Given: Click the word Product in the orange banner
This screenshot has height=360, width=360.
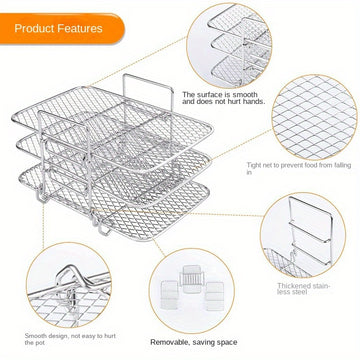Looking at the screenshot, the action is pyautogui.click(x=33, y=28).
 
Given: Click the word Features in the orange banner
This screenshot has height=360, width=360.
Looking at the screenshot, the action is pyautogui.click(x=79, y=28).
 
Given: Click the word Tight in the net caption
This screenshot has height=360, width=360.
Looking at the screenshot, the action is pyautogui.click(x=254, y=165).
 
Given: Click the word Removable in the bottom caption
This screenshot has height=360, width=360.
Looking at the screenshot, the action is pyautogui.click(x=168, y=342).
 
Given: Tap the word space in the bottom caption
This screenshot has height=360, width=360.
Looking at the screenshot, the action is pyautogui.click(x=227, y=343).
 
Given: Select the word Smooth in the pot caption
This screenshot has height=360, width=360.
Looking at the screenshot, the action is pyautogui.click(x=36, y=336).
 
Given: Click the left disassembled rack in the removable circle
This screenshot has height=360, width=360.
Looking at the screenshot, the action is pyautogui.click(x=169, y=295).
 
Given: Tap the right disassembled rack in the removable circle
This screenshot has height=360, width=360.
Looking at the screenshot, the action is pyautogui.click(x=214, y=296).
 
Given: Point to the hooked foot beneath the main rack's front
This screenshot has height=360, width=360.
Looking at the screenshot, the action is pyautogui.click(x=104, y=229).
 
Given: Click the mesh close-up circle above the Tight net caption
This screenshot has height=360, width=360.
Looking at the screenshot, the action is pyautogui.click(x=315, y=118).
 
